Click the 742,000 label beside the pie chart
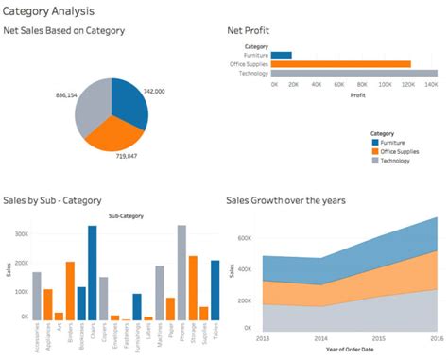coord(154,92)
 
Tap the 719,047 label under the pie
coord(128,155)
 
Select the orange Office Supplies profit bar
coord(341,64)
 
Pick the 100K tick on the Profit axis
coord(386,84)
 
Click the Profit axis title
coord(357,94)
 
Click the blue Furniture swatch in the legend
coord(374,142)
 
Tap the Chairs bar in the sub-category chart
coord(93,273)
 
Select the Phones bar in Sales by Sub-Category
coord(181,273)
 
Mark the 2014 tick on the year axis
coord(321,337)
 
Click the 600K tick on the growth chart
coord(246,239)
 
